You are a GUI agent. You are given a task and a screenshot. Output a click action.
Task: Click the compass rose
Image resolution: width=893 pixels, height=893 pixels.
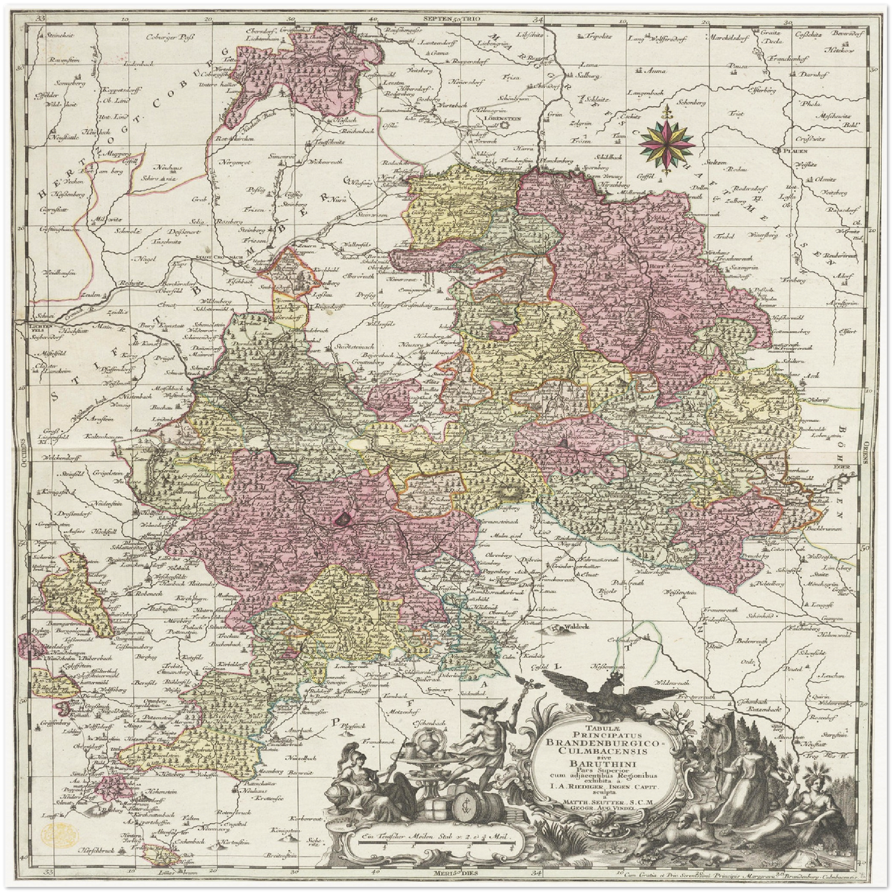(x=667, y=138)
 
